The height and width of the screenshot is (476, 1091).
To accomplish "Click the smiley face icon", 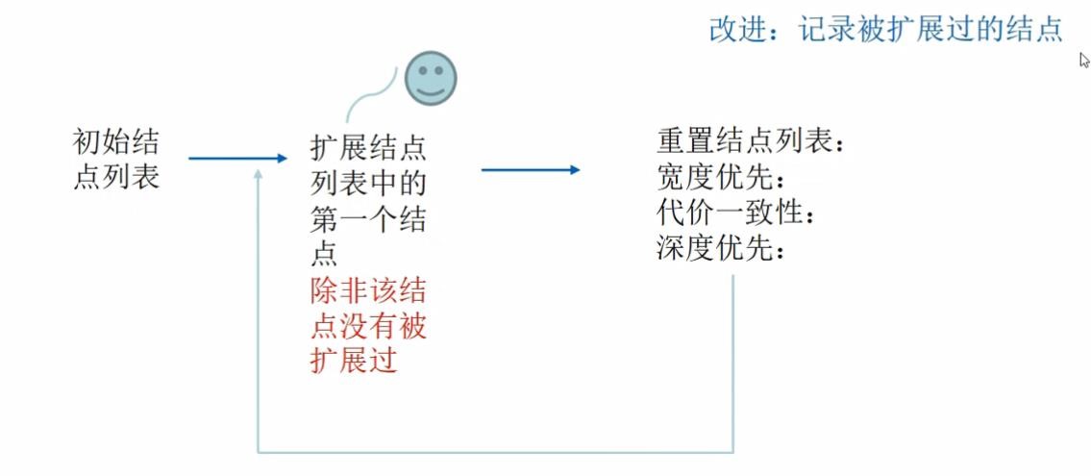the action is pos(431,78).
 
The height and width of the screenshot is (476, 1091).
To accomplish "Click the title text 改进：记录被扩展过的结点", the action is pos(885,30).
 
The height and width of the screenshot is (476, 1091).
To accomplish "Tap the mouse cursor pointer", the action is pos(1084,60).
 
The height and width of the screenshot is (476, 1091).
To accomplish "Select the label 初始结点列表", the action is pos(116,161).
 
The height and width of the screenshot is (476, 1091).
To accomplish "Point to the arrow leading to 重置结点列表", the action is pos(531,170).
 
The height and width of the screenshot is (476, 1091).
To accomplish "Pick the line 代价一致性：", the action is pos(736,213).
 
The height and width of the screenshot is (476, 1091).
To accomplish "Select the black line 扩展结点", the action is pos(368,148).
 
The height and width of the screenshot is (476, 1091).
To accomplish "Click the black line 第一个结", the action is pos(368,218).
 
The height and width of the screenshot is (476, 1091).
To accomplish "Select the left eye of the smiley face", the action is pos(422,71).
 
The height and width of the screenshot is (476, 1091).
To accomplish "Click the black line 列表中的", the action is pos(368,183).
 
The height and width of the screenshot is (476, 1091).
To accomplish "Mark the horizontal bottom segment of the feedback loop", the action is pos(495,451).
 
